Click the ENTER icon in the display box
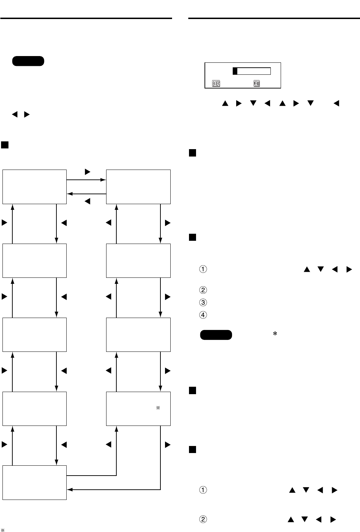pyautogui.click(x=215, y=84)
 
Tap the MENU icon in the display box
pyautogui.click(x=256, y=84)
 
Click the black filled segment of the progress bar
pyautogui.click(x=235, y=71)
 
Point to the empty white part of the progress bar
pyautogui.click(x=254, y=71)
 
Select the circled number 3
pyautogui.click(x=203, y=302)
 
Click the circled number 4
pyautogui.click(x=203, y=315)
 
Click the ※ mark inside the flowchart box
pyautogui.click(x=158, y=408)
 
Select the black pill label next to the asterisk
pyautogui.click(x=216, y=335)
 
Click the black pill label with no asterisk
pyautogui.click(x=28, y=61)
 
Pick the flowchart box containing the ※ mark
pyautogui.click(x=138, y=409)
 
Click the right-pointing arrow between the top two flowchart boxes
pyautogui.click(x=86, y=180)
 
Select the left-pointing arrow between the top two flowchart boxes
pyautogui.click(x=86, y=194)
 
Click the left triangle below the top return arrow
pyautogui.click(x=88, y=201)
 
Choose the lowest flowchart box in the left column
pyautogui.click(x=35, y=482)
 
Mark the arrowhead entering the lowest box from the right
pyautogui.click(x=69, y=489)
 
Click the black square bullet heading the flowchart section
pyautogui.click(x=5, y=145)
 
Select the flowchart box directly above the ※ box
pyautogui.click(x=138, y=335)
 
